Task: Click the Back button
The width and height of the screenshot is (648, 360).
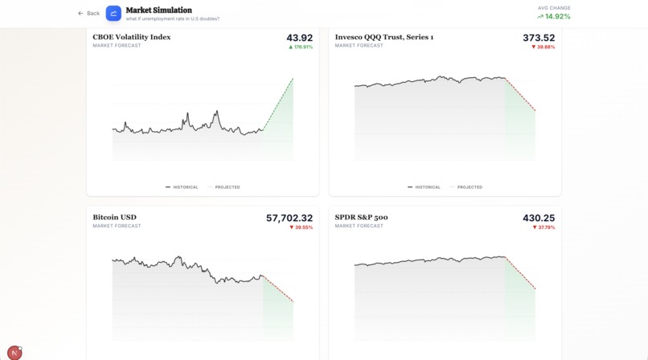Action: pos(89,14)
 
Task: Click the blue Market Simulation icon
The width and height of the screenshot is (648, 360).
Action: pos(113,14)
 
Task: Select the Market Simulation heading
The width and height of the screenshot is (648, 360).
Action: pos(159,10)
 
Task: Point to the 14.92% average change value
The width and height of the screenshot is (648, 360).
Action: pos(557,17)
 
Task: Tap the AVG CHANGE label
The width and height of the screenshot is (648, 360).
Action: pos(554,8)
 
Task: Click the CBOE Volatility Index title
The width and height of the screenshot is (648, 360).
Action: pos(132,37)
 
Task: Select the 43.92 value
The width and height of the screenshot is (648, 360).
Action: pos(299,38)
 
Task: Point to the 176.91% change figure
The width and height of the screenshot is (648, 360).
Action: pos(302,47)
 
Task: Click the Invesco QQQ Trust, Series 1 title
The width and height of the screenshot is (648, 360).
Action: pos(384,37)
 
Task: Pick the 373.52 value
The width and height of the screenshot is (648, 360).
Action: pos(539,38)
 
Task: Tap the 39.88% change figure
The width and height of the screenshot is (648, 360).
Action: pos(545,47)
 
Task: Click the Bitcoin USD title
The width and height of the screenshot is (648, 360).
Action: pos(115,218)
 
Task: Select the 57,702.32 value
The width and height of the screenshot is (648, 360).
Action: pos(289,219)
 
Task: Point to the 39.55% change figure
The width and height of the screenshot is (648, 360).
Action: pos(303,227)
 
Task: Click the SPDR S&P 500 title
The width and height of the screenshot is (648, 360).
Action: pos(362,218)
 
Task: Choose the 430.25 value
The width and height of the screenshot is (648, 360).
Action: pos(539,219)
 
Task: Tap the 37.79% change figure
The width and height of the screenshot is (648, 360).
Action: pos(545,227)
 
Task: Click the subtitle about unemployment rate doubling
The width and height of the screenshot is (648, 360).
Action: pos(173,18)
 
